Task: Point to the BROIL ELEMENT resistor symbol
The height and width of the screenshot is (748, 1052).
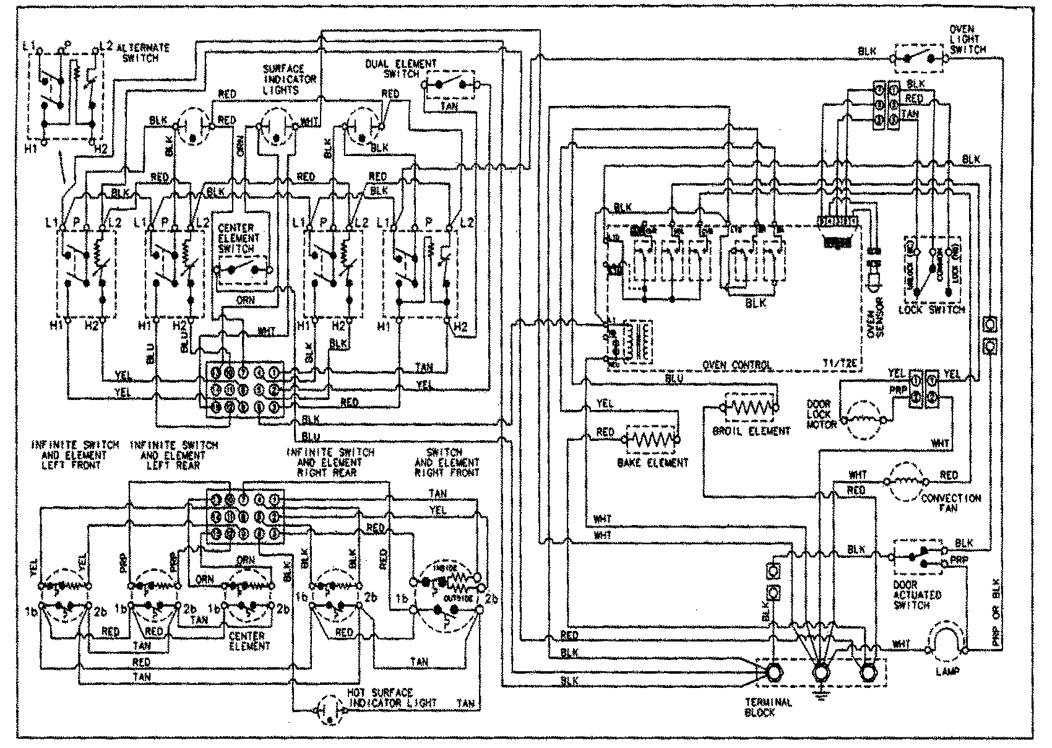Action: [749, 407]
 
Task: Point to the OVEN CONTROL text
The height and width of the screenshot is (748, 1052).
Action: [737, 365]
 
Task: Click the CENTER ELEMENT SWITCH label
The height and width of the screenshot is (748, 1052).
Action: [240, 238]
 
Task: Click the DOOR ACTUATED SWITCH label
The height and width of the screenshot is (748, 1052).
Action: [917, 594]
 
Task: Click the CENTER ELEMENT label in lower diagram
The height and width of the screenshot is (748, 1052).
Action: [250, 641]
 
